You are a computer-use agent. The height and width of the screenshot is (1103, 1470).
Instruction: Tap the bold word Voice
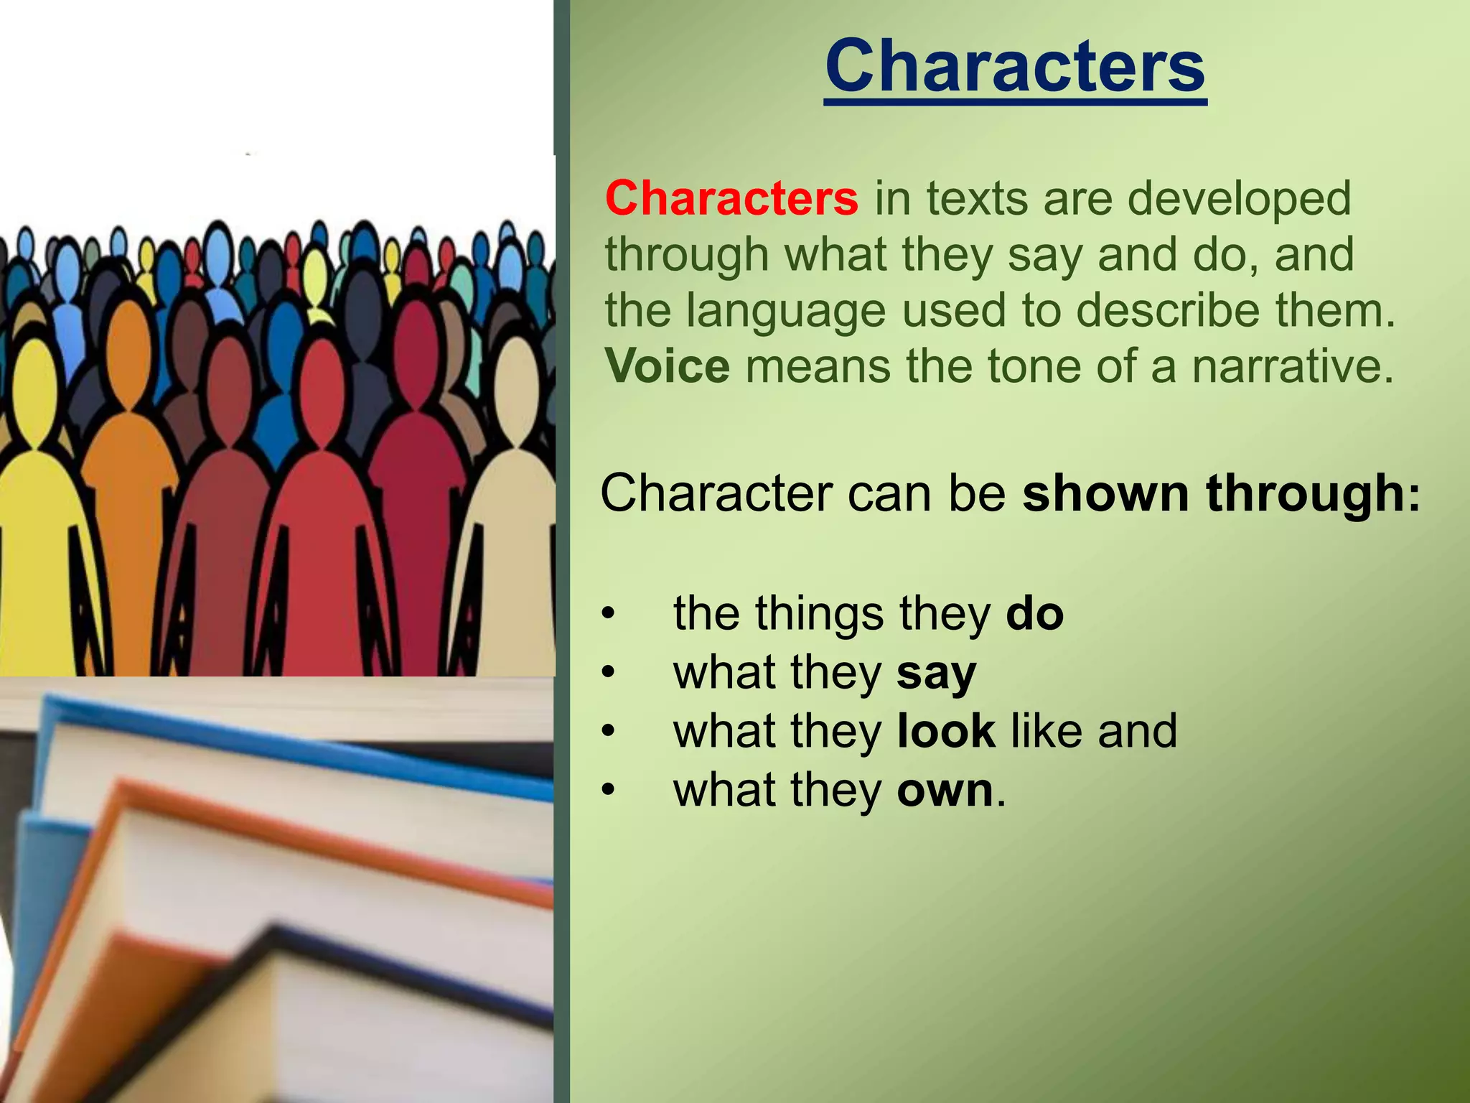(x=667, y=366)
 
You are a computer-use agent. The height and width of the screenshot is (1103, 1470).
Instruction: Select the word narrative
(x=1292, y=366)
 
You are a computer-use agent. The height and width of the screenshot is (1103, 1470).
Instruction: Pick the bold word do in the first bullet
(x=1034, y=614)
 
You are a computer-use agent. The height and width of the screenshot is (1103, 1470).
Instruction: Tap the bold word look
(x=946, y=731)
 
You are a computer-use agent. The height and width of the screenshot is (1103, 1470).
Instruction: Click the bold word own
(x=945, y=791)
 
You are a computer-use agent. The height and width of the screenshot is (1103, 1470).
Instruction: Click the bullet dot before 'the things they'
(x=609, y=615)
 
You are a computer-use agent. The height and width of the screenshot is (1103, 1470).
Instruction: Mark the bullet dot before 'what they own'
(x=609, y=791)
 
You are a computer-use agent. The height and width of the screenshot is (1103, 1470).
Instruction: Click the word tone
(x=1027, y=366)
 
